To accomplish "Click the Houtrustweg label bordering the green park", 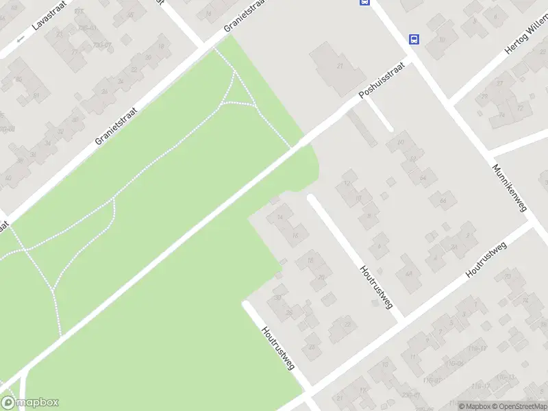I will tap(278, 347).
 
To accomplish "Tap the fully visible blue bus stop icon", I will tap(414, 39).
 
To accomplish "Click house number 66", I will tap(443, 200).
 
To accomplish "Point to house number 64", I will tap(423, 178).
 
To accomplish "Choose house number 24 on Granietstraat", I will tap(104, 91).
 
